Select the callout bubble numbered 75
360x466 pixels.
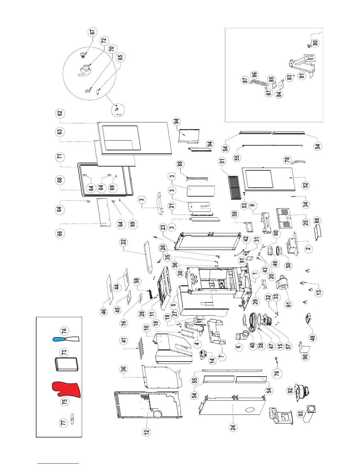coord(64,401)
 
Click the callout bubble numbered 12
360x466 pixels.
coord(146,432)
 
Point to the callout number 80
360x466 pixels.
coord(315,43)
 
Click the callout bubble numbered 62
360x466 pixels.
coord(60,113)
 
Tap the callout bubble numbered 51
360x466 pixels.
coord(222,161)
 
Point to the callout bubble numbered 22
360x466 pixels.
coord(124,242)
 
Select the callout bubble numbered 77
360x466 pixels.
coord(64,423)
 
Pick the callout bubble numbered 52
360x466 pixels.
coord(306,185)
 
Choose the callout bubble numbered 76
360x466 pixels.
coord(276,373)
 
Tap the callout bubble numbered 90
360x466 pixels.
coord(305,357)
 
